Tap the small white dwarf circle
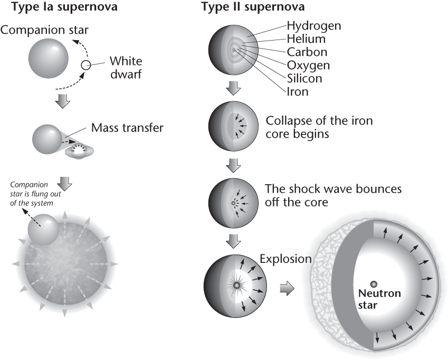click(x=85, y=66)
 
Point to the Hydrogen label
click(x=314, y=25)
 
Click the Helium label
click(x=306, y=39)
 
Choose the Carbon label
click(x=307, y=52)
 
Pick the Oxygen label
click(x=309, y=65)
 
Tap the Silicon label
click(x=304, y=79)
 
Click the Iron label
click(x=298, y=92)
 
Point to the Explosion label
click(x=285, y=259)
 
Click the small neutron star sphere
click(x=373, y=284)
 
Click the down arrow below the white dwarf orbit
click(x=63, y=102)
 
